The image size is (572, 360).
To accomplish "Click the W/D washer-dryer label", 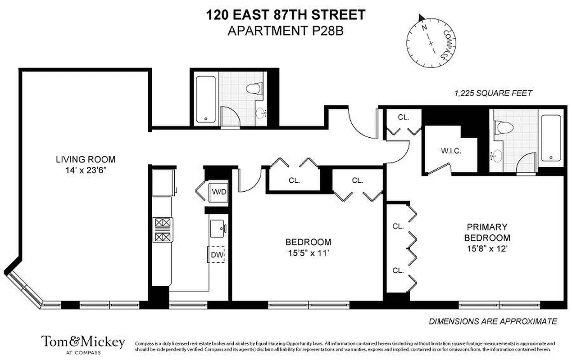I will pyautogui.click(x=219, y=192).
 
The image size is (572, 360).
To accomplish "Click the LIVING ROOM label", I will pyautogui.click(x=86, y=159).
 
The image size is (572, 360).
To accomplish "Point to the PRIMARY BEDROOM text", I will pyautogui.click(x=487, y=232).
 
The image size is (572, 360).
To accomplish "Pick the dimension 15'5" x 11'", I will pyautogui.click(x=309, y=253).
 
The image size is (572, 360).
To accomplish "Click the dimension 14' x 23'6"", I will pyautogui.click(x=86, y=171).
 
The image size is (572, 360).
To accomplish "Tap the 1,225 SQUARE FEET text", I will pyautogui.click(x=494, y=94).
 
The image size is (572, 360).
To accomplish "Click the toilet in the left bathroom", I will pyautogui.click(x=254, y=88).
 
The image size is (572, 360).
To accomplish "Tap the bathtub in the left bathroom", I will pyautogui.click(x=207, y=99).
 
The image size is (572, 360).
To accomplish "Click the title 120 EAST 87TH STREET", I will pyautogui.click(x=286, y=15).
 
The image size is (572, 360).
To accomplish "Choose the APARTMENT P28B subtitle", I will pyautogui.click(x=286, y=31).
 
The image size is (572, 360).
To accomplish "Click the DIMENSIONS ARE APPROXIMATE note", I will pyautogui.click(x=493, y=321).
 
